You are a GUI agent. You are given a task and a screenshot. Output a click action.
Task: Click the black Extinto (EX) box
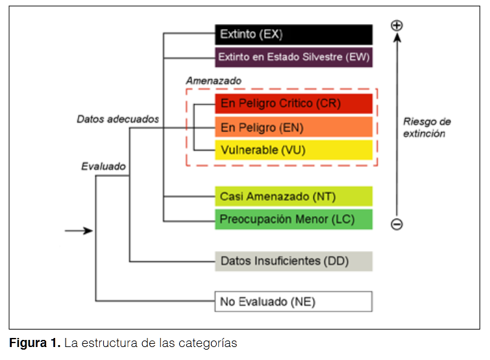click(293, 34)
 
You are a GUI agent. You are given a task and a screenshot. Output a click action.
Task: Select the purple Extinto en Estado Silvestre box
click(293, 57)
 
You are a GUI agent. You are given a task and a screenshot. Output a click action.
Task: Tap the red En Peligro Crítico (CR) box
click(293, 104)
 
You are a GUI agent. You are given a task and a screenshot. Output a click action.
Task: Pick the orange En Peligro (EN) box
click(293, 127)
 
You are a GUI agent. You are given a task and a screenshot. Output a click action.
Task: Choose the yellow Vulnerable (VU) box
click(293, 150)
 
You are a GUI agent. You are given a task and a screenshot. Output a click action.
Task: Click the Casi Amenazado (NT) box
click(293, 196)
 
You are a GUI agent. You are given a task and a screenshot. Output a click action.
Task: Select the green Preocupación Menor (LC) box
click(293, 219)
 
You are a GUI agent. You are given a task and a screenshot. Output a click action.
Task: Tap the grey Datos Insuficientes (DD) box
click(293, 261)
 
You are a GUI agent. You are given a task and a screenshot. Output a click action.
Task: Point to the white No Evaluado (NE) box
click(293, 302)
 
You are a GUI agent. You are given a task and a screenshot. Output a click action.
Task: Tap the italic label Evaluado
click(103, 166)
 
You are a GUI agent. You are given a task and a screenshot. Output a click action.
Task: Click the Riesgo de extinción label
click(426, 127)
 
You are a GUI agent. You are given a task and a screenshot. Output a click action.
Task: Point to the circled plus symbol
click(397, 25)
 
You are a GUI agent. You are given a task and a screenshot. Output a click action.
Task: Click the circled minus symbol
click(397, 224)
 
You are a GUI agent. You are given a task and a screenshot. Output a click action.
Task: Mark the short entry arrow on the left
click(79, 231)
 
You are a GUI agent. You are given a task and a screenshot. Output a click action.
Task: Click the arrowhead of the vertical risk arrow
click(397, 38)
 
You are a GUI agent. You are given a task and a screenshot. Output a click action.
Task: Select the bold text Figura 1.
click(34, 343)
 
